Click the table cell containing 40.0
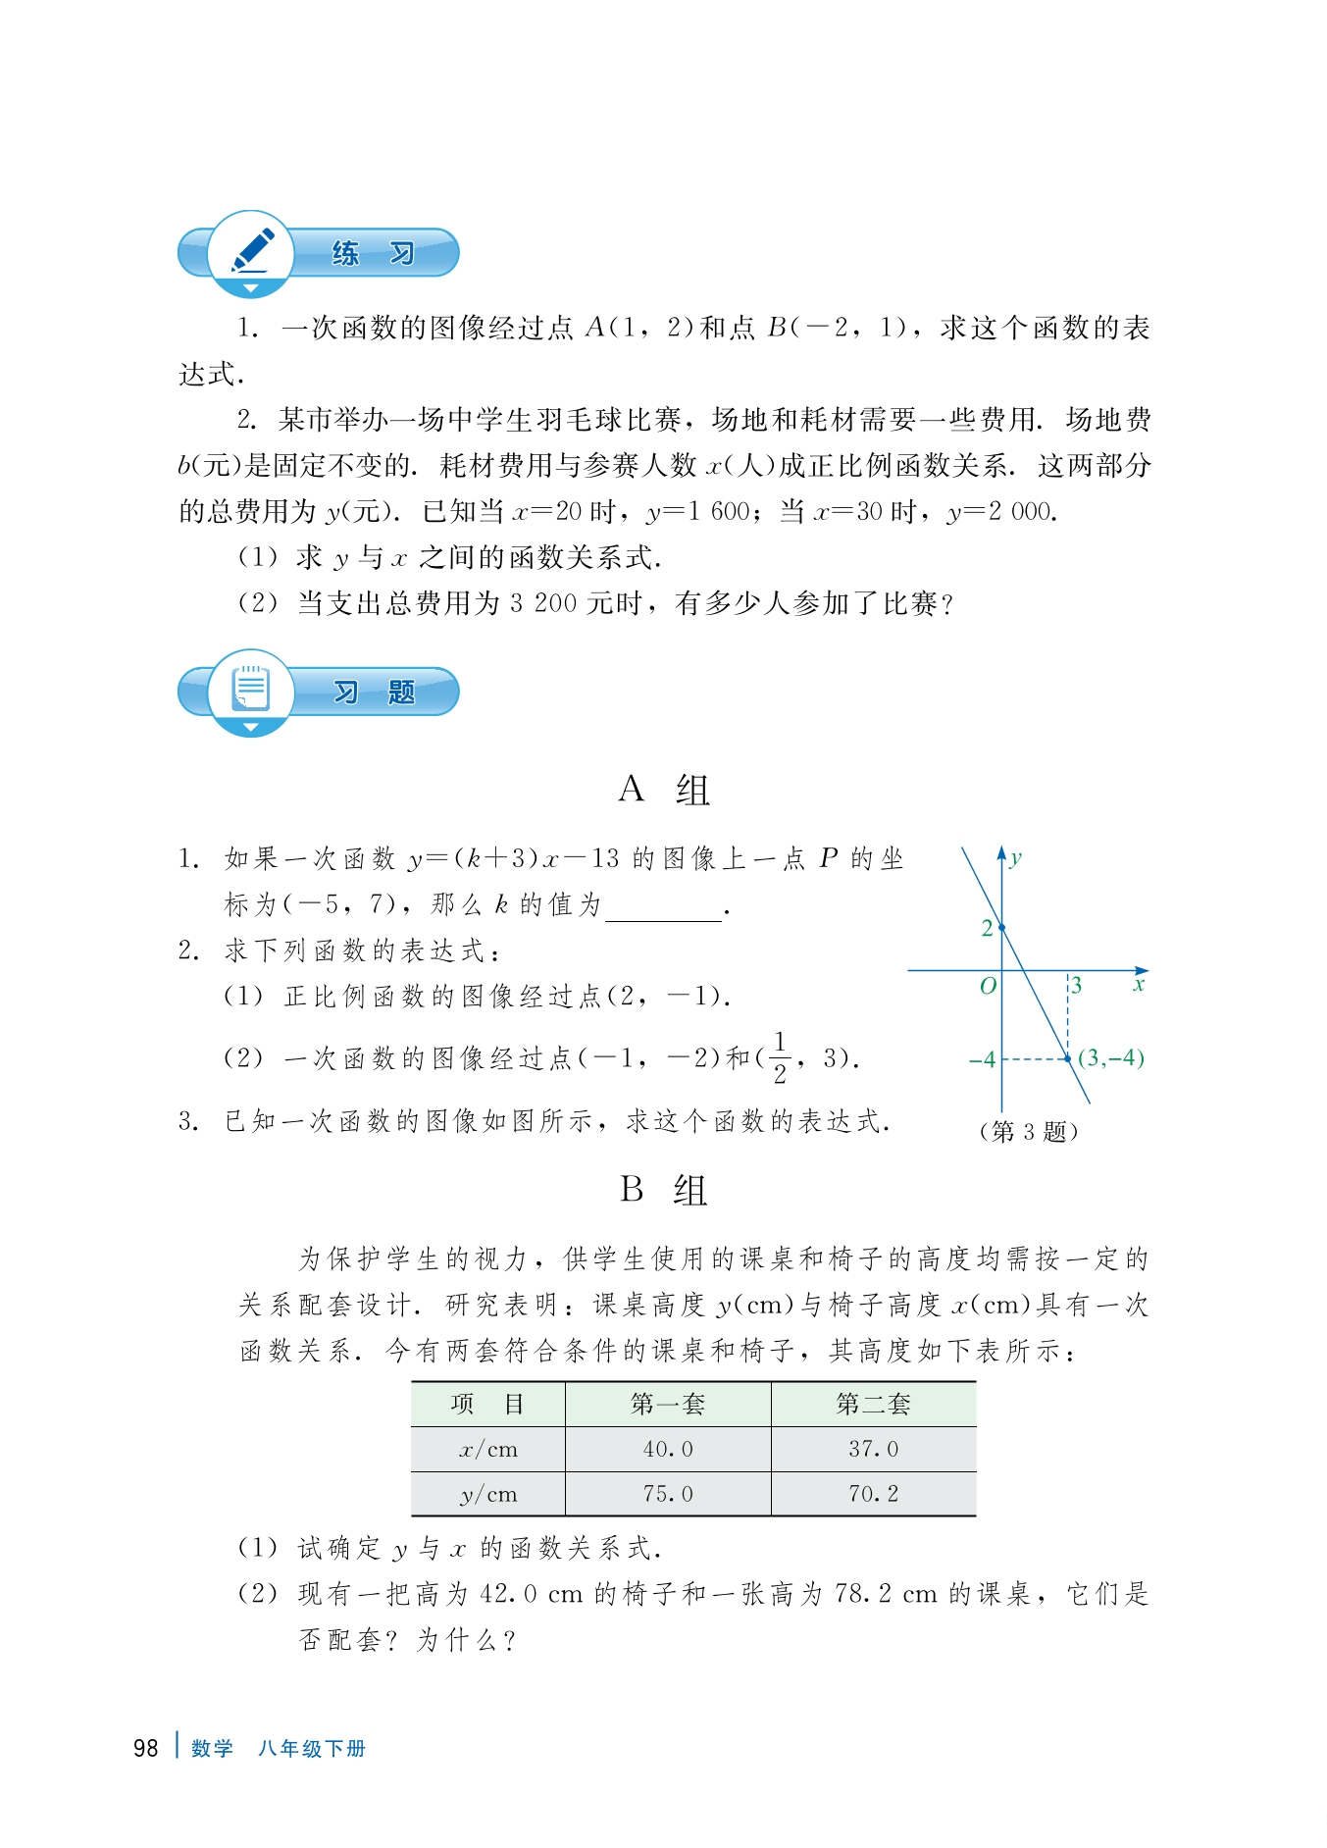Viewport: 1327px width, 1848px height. click(668, 1449)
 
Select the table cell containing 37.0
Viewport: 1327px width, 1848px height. click(873, 1449)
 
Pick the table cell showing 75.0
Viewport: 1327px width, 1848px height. click(668, 1494)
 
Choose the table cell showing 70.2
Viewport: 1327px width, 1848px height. click(873, 1494)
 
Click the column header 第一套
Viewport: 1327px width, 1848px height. click(668, 1404)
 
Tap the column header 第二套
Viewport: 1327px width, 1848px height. click(873, 1404)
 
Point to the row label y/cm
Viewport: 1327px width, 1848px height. click(488, 1494)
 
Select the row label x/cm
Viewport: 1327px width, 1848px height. click(488, 1449)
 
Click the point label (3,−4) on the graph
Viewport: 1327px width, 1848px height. click(1110, 1057)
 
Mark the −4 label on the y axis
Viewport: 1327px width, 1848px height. click(982, 1059)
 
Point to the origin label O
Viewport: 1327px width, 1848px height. click(988, 985)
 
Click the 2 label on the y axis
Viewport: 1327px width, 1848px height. click(987, 928)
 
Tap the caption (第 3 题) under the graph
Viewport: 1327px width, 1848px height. click(1029, 1131)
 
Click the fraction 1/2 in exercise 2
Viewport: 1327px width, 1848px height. click(780, 1057)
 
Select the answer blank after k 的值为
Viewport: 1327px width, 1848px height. click(663, 906)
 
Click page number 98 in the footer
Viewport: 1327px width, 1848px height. click(145, 1748)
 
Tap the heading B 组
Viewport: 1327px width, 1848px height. click(663, 1190)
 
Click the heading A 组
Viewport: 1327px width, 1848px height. click(663, 790)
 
